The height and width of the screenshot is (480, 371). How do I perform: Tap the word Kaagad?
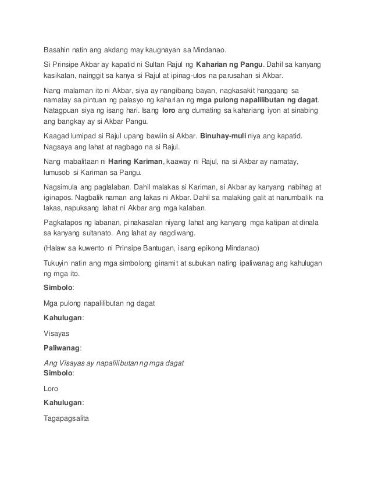(x=59, y=136)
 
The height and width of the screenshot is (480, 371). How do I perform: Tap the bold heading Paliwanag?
(x=62, y=348)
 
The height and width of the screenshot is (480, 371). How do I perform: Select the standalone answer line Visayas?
(x=57, y=334)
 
